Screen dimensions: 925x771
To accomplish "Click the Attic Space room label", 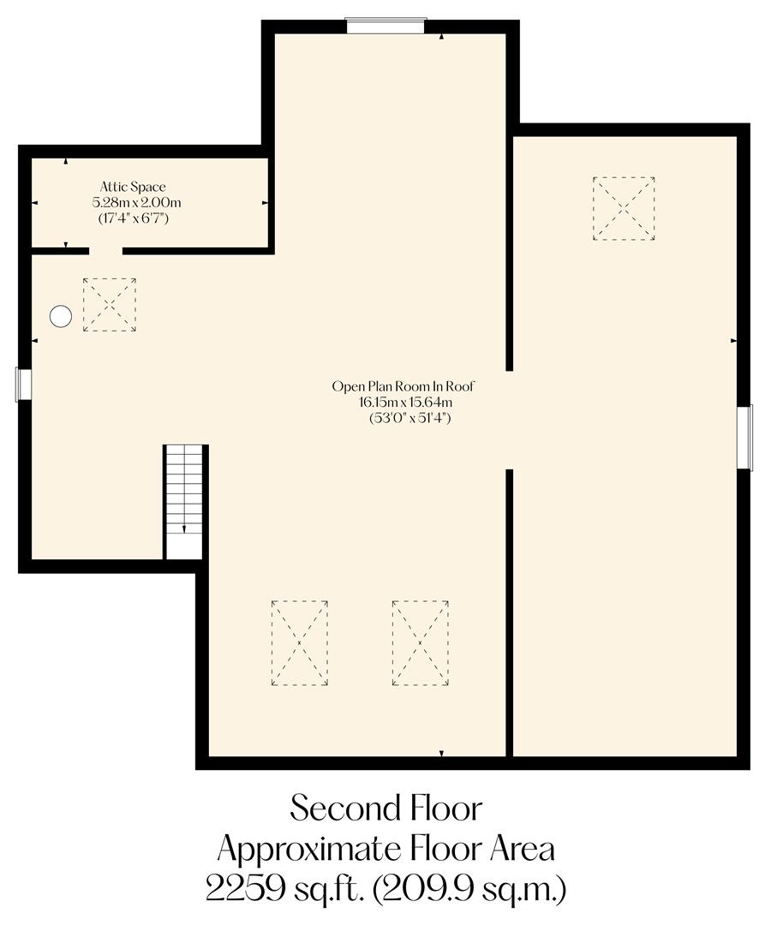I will pos(133,187).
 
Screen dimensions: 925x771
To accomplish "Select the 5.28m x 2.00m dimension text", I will pos(137,203).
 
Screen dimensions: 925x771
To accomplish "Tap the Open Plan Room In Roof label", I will pos(403,387).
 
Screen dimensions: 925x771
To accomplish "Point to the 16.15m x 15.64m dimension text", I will pos(405,403).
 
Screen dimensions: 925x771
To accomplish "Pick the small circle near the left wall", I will pos(60,317).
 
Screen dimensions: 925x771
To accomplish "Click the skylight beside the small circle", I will pos(109,304).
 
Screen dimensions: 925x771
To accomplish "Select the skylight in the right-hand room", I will pos(624,208).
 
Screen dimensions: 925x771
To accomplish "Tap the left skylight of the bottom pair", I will pos(299,642).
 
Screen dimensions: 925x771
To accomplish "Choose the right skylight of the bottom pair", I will pos(420,642).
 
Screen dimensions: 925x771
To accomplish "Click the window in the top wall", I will pos(385,26).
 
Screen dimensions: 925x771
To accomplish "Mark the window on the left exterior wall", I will pos(24,384).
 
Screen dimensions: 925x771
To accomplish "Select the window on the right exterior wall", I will pos(745,437).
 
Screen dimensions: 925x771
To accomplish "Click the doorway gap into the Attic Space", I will pos(105,251).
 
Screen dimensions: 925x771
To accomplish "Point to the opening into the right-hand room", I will pos(509,420).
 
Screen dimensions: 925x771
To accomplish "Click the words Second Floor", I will pos(385,808).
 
